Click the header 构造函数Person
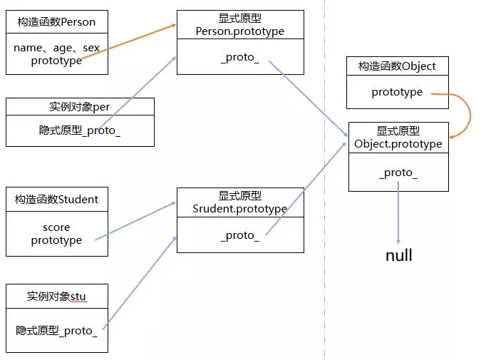pos(56,22)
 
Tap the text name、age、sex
pos(56,48)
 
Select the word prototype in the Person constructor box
pos(56,61)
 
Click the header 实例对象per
pos(80,107)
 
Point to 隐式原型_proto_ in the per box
pos(80,131)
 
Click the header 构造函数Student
pos(56,199)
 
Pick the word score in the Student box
pos(56,227)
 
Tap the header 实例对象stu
pos(57,296)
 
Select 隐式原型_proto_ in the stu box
pos(56,330)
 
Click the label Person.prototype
pos(239,31)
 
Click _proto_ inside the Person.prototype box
pos(239,57)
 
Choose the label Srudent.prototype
pos(239,209)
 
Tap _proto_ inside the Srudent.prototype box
pos(239,235)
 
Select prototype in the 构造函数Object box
pos(397,92)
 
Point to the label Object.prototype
pos(398,144)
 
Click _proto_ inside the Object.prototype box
pos(398,173)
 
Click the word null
pos(398,255)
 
